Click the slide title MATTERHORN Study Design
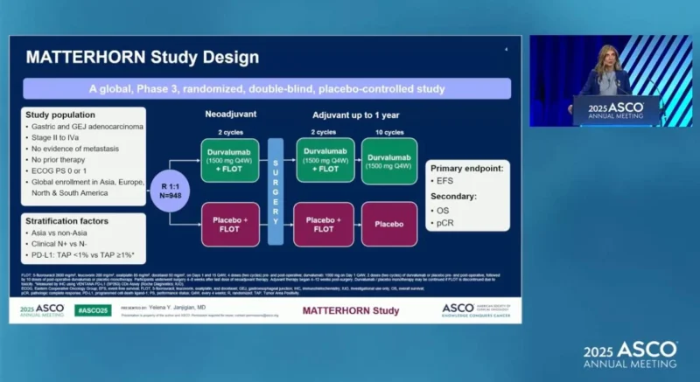[142, 58]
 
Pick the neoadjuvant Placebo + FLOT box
[230, 224]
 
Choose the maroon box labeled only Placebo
[389, 225]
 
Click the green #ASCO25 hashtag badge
[94, 310]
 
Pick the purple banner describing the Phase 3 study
[266, 88]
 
